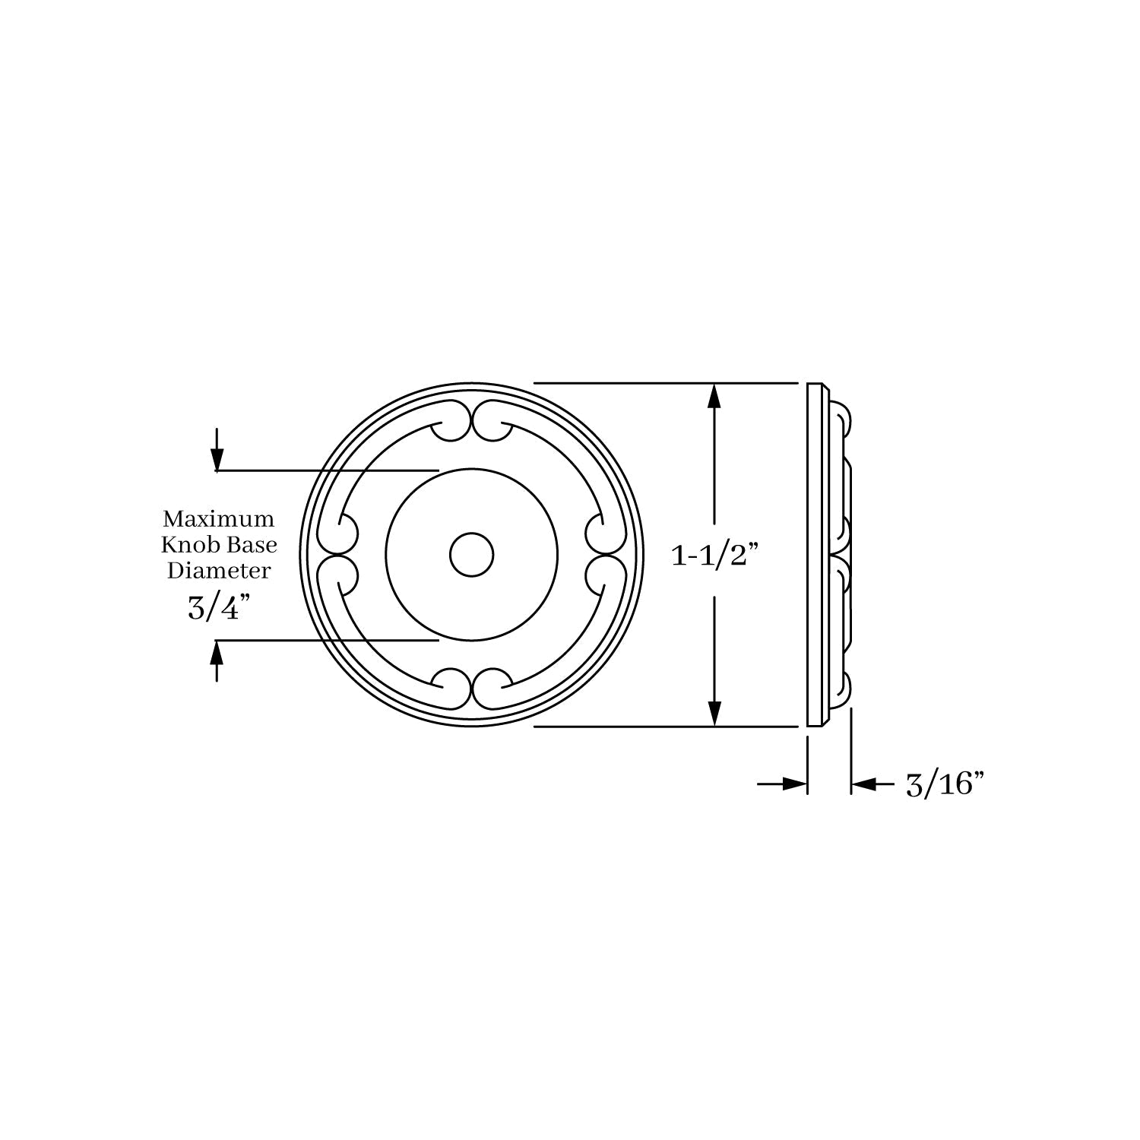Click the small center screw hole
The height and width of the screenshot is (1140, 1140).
(x=471, y=554)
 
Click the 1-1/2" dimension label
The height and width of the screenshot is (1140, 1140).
(x=714, y=556)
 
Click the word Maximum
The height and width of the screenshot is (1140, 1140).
(x=218, y=520)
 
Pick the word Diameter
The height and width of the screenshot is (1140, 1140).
(x=219, y=570)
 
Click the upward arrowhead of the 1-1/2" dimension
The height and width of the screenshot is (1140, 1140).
(x=714, y=397)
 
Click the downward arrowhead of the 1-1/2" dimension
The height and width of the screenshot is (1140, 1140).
(x=714, y=713)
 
